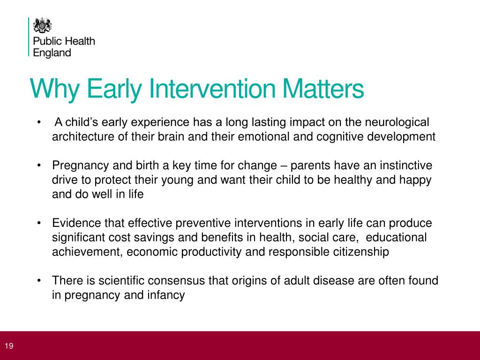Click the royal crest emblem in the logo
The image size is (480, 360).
coord(42,25)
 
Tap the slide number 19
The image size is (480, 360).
coord(9,346)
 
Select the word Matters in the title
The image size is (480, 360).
coord(323,89)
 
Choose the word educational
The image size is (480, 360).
coord(396,237)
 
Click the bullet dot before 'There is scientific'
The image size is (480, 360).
coord(39,280)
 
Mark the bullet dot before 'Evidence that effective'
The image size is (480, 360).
coord(39,223)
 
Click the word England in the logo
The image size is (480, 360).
coord(52,53)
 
